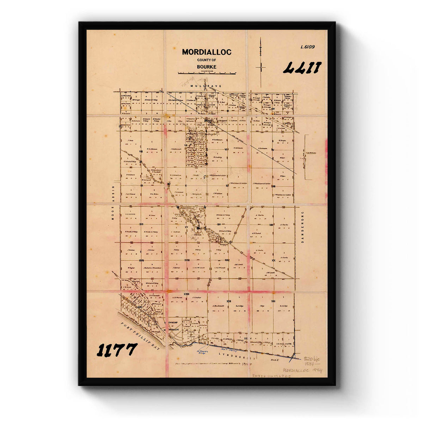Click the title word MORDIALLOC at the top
click(x=207, y=52)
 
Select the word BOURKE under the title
click(x=207, y=67)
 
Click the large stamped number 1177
click(x=117, y=350)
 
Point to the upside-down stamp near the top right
click(x=302, y=67)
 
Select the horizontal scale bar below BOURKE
click(x=207, y=73)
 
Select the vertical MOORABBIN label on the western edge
click(x=114, y=202)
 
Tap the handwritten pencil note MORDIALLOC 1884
click(x=302, y=370)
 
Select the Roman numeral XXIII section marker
click(x=186, y=294)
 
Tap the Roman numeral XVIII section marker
click(x=187, y=260)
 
